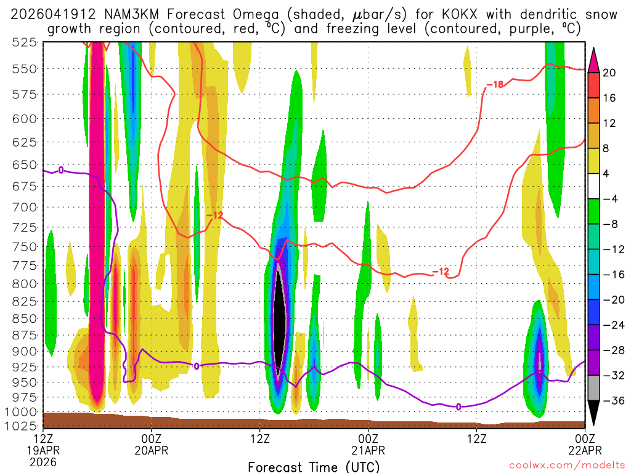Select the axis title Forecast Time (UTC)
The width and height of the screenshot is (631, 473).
click(314, 466)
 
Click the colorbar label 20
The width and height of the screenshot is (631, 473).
click(609, 73)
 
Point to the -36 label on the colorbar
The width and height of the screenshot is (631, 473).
click(612, 401)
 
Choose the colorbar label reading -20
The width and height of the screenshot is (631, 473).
click(612, 300)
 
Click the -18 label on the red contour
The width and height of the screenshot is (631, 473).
click(495, 84)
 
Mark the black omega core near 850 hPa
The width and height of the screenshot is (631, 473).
click(279, 320)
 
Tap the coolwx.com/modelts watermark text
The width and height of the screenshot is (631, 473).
click(564, 467)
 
